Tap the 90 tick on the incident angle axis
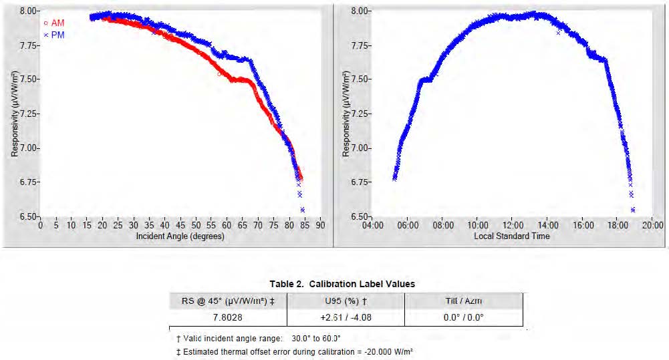[x=321, y=225]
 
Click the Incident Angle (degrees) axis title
[x=180, y=236]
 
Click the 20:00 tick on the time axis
[x=653, y=225]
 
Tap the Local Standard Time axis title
[x=512, y=236]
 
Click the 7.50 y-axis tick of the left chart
[x=27, y=79]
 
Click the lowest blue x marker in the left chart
[x=302, y=210]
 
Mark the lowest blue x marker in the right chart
[x=633, y=210]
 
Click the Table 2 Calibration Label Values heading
[x=342, y=284]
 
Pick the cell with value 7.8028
[x=228, y=317]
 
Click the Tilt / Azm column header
[x=464, y=301]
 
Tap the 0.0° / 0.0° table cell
[x=464, y=317]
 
